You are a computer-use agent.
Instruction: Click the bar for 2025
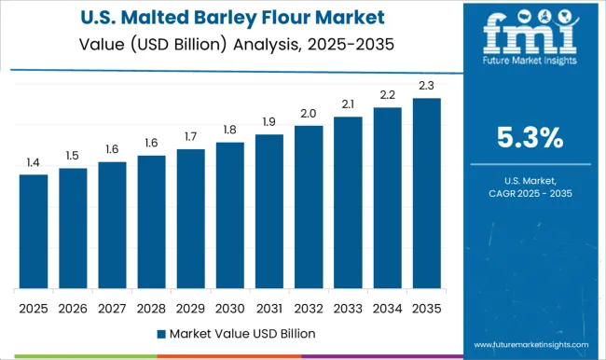pos(34,231)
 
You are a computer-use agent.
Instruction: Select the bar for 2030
pos(230,215)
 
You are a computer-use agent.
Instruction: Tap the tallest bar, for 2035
pos(427,193)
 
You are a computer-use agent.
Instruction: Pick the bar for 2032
pos(309,207)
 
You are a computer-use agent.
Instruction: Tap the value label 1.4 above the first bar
pos(34,163)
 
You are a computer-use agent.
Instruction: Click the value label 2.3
pos(427,87)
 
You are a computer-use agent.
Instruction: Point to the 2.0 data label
pos(309,114)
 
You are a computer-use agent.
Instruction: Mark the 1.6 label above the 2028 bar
pos(151,144)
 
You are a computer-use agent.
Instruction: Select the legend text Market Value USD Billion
pos(240,333)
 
